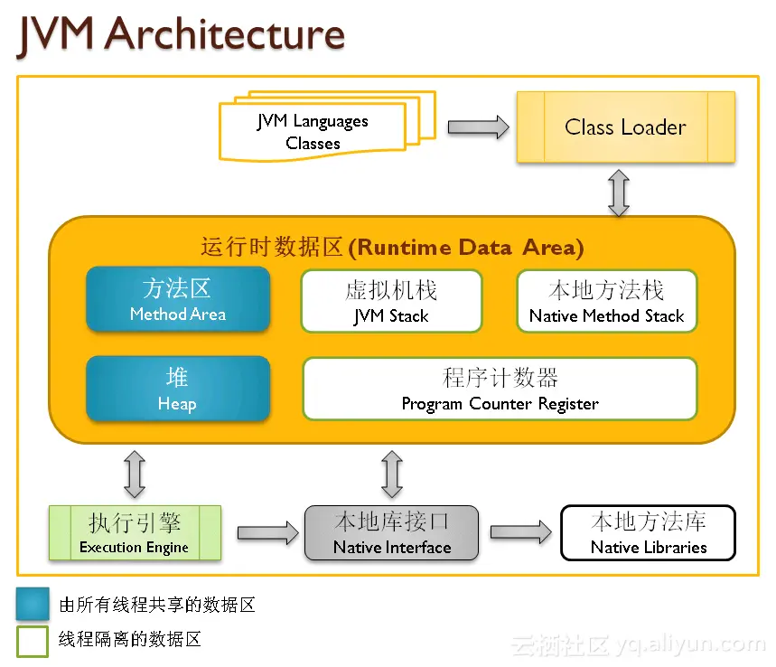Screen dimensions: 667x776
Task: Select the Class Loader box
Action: coord(625,127)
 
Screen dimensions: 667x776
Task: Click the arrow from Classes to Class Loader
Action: coord(478,127)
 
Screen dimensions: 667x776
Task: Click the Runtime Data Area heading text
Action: coord(391,247)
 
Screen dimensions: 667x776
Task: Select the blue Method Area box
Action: coord(178,299)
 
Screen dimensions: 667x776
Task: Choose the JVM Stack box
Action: coord(391,301)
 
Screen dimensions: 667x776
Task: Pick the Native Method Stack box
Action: coord(606,301)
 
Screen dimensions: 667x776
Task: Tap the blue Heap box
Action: coord(178,389)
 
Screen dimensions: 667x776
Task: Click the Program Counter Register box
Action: coord(500,389)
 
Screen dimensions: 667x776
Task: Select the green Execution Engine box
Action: coord(135,533)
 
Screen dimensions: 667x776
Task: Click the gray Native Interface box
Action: coord(391,533)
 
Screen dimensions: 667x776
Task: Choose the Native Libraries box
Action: coord(649,533)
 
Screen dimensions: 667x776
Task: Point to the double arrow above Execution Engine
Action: coord(135,474)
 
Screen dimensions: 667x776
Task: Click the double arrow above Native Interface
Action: coord(391,474)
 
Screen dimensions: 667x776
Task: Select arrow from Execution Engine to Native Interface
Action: coord(267,532)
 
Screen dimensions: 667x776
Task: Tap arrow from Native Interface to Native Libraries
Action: coord(520,532)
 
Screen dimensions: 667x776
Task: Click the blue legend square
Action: coord(33,604)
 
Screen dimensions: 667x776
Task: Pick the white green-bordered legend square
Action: coord(33,640)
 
